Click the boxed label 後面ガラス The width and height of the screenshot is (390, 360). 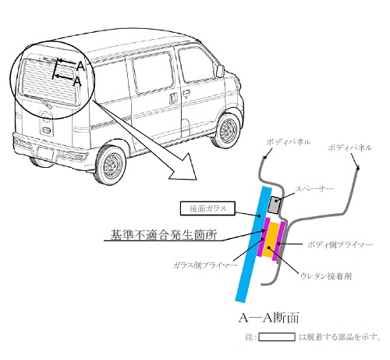point(207,209)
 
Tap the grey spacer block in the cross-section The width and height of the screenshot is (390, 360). point(275,205)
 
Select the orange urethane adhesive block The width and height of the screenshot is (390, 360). point(271,240)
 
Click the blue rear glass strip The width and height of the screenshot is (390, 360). point(253,244)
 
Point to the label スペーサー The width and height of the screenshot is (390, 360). point(314,189)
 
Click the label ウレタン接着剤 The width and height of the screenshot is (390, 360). point(326,276)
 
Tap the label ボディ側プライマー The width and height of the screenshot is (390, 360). point(340,244)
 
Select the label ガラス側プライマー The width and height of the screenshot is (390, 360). point(205,266)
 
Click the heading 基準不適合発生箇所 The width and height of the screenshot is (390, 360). point(164,234)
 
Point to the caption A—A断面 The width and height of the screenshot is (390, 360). point(268,318)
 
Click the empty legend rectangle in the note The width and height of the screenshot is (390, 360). point(277,337)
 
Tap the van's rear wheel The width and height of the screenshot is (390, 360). point(111,165)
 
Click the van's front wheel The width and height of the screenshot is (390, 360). point(228,130)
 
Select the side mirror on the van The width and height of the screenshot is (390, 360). point(220,71)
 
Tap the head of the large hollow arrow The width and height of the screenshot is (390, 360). point(184,167)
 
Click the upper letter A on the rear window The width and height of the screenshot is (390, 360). point(81,66)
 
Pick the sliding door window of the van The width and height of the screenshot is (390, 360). point(154,73)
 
